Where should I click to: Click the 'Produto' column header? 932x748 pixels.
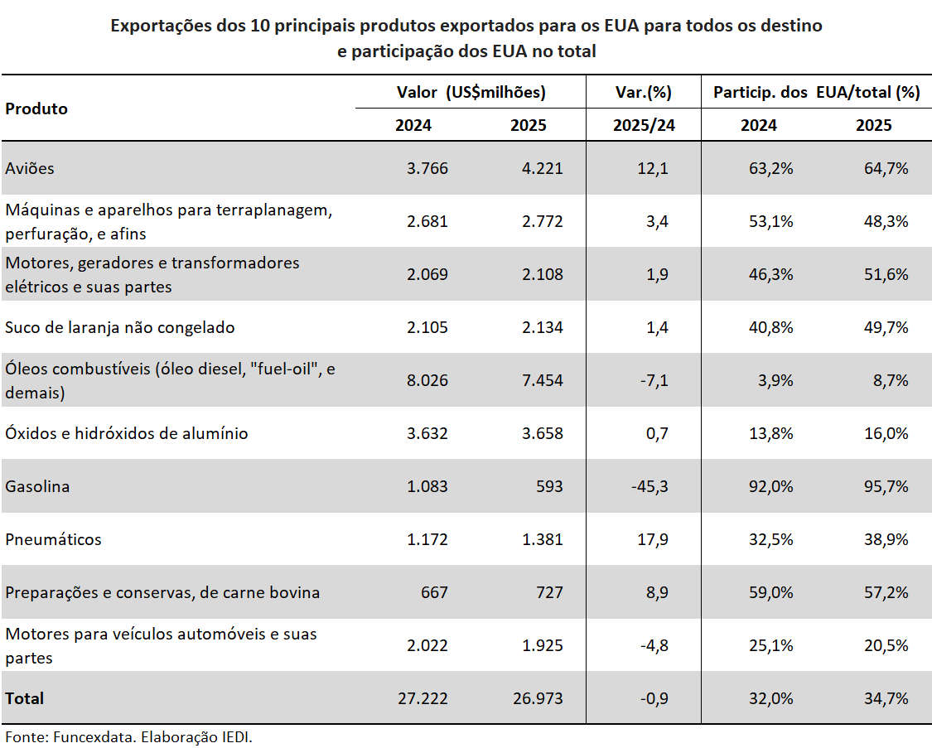[x=36, y=109]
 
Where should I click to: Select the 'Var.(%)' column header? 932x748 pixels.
[x=644, y=92]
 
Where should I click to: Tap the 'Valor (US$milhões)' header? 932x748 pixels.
[x=471, y=92]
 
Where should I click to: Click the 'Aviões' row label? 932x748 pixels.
[x=30, y=168]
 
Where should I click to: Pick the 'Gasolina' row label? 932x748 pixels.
[x=37, y=486]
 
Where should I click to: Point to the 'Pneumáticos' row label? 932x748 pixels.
[x=53, y=539]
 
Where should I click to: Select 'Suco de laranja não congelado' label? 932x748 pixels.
[x=120, y=327]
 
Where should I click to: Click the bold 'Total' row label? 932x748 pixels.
[x=25, y=698]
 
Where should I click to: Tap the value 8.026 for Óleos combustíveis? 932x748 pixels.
[x=428, y=380]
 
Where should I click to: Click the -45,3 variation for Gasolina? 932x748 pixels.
[x=649, y=486]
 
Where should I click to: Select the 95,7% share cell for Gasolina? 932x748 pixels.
[x=885, y=486]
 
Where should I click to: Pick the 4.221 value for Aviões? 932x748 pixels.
[x=543, y=168]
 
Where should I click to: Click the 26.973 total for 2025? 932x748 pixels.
[x=538, y=698]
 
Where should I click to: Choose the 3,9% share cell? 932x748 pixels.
[x=775, y=380]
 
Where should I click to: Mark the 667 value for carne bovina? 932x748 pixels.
[x=434, y=592]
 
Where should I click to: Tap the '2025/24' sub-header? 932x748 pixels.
[x=644, y=125]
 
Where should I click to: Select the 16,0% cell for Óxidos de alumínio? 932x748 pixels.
[x=885, y=433]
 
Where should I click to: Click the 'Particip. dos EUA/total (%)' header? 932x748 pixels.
[x=816, y=92]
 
